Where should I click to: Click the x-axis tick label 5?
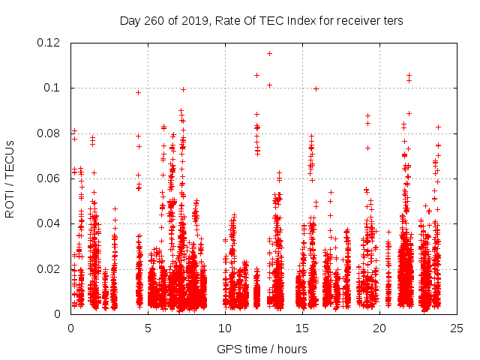coord(148,328)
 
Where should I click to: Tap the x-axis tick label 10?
coord(225,328)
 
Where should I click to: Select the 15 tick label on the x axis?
coord(302,328)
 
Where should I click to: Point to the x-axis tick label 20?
coord(379,328)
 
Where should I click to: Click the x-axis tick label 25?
coord(457,328)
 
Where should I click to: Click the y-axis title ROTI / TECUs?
coord(10,178)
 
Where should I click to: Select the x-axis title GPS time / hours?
coord(262,349)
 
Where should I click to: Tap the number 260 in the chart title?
coord(155,20)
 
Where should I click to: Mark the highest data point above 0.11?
coord(269,53)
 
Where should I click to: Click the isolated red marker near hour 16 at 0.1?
coord(316,88)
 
